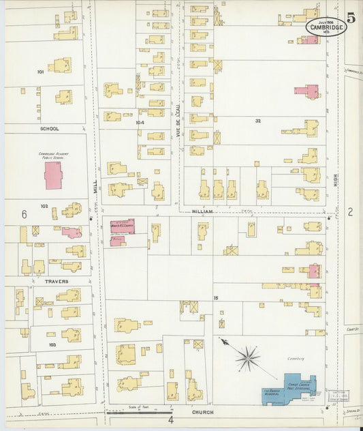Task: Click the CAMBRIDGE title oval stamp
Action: coord(326,26)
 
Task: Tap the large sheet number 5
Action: coord(351,18)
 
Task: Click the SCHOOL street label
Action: coord(49,128)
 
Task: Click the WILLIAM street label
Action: coord(202,211)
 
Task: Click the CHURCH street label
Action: coord(202,412)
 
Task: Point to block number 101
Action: coord(40,71)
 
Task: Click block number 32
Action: coord(258,121)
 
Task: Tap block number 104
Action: coord(140,123)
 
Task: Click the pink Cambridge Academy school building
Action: coord(53,175)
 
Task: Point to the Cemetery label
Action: coord(296,358)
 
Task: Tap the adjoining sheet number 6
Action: coord(24,214)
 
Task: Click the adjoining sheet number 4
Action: coord(171,420)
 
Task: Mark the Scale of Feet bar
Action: coord(139,412)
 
